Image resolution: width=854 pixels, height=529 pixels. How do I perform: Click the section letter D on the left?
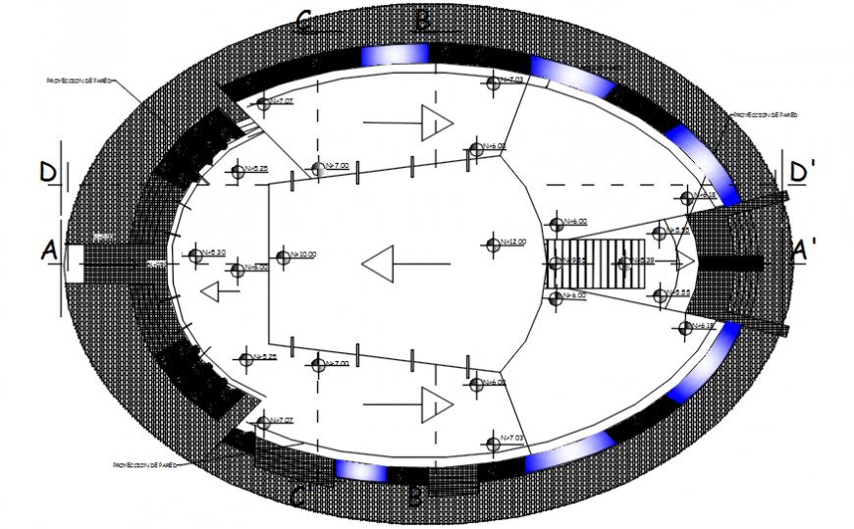pyautogui.click(x=47, y=173)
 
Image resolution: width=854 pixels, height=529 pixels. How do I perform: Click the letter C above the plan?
pyautogui.click(x=304, y=21)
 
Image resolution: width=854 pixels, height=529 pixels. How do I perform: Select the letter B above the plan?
pyautogui.click(x=422, y=19)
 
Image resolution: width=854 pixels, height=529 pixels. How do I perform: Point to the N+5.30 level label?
pyautogui.click(x=215, y=252)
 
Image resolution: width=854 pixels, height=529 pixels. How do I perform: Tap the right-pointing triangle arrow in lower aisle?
pyautogui.click(x=436, y=402)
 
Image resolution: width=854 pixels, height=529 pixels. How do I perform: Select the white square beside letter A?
pyautogui.click(x=74, y=264)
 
